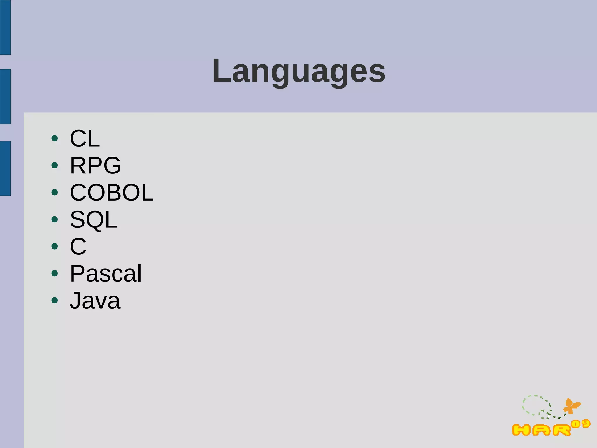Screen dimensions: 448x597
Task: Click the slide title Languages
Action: (x=299, y=71)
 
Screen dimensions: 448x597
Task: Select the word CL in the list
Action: (x=85, y=138)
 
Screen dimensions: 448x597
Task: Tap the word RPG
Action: (x=95, y=166)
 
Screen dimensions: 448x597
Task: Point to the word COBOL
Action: (x=112, y=193)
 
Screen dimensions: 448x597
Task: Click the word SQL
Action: (x=94, y=220)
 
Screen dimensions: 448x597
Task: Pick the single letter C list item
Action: (x=78, y=247)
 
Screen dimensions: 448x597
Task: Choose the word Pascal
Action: (x=106, y=274)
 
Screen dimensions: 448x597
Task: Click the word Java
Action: (x=95, y=301)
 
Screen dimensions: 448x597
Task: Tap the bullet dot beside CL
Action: (x=55, y=138)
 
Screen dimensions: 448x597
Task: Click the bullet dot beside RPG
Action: (x=55, y=165)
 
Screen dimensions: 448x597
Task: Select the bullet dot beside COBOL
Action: (x=55, y=192)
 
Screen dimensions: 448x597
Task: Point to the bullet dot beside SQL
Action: (x=55, y=219)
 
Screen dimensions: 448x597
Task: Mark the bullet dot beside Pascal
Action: (x=55, y=273)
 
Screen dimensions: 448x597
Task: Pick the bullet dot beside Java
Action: (x=55, y=300)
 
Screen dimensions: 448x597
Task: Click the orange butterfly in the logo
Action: (x=572, y=406)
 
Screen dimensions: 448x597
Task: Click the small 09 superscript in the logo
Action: (x=581, y=424)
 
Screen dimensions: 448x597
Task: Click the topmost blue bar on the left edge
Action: (x=5, y=27)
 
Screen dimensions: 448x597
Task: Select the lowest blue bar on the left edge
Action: (x=5, y=168)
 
